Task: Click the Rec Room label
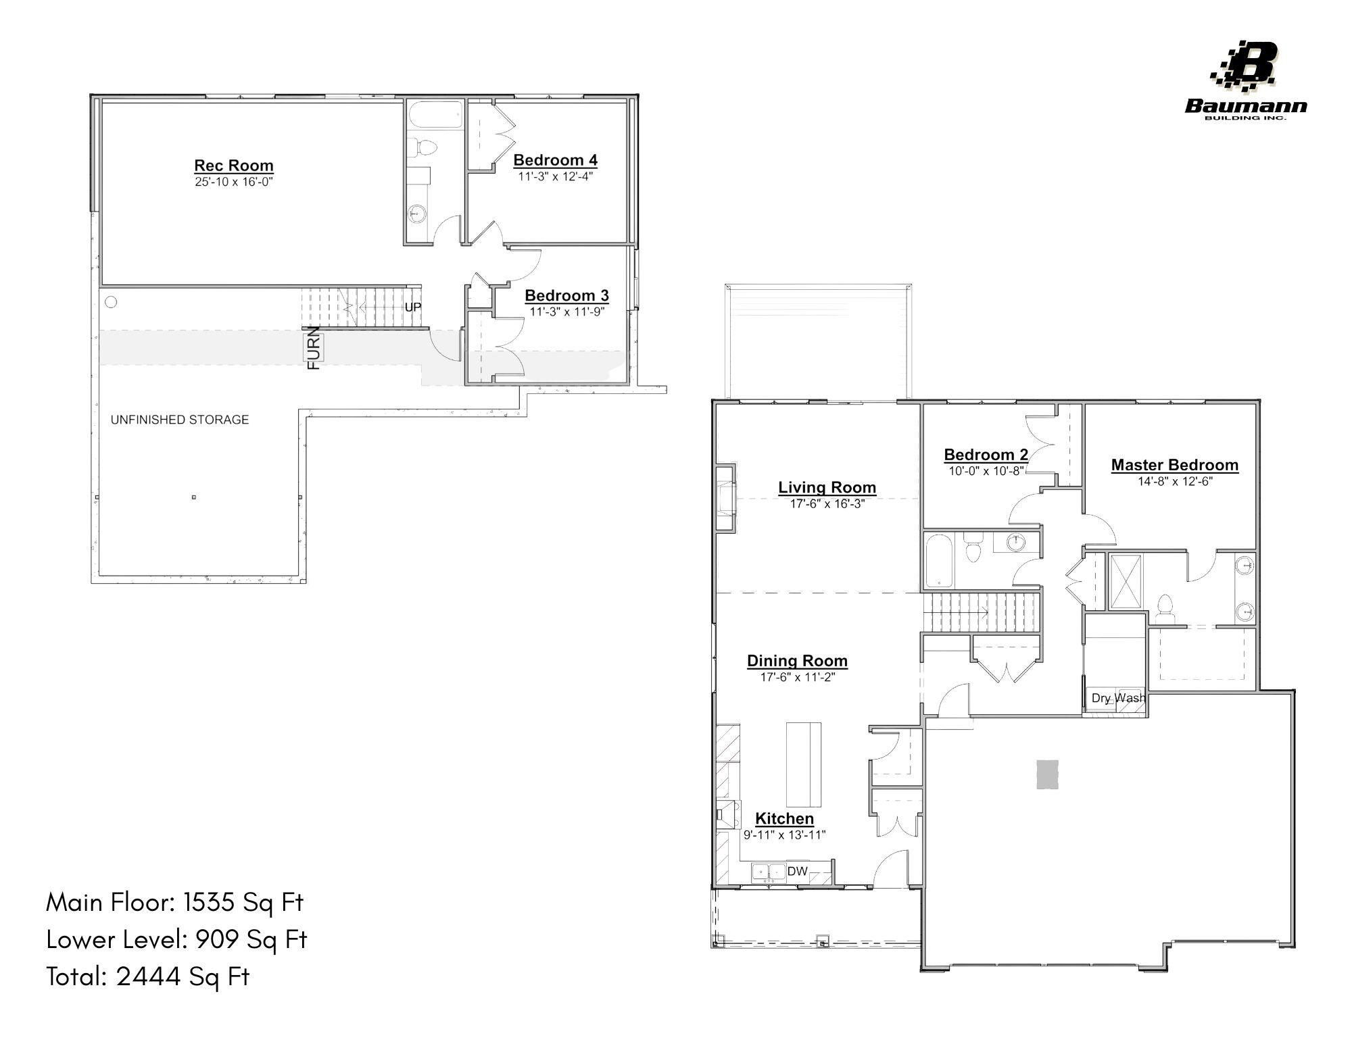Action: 234,166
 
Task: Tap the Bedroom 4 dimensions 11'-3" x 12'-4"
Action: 555,177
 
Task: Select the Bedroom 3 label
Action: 566,295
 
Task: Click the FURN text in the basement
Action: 315,347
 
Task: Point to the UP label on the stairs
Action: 412,307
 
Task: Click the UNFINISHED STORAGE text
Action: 180,420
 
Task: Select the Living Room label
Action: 827,487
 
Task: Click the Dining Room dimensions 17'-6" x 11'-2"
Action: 798,677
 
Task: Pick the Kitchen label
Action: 784,818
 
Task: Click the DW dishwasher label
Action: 797,871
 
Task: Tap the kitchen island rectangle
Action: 804,764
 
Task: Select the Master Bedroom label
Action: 1175,465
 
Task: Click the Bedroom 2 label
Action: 986,455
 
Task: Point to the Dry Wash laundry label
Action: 1118,698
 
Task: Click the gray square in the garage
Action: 1048,774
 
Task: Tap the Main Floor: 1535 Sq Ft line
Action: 175,902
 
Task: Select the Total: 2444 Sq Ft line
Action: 148,976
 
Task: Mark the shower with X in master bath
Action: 1126,582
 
